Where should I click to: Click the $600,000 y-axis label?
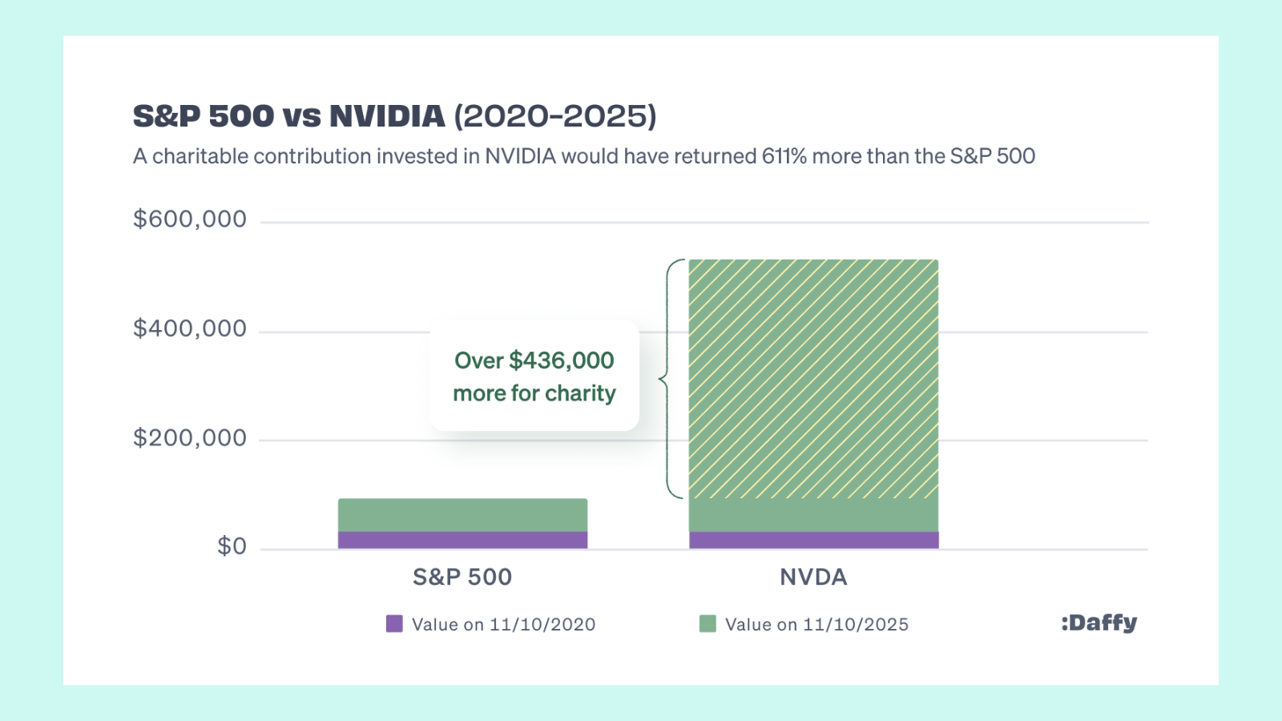click(190, 220)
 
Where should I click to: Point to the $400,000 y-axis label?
click(190, 328)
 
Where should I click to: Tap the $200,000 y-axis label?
click(190, 438)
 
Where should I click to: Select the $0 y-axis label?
click(232, 546)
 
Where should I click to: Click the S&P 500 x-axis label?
click(462, 577)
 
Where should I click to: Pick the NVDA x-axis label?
click(813, 577)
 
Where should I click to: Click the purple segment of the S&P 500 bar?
click(462, 540)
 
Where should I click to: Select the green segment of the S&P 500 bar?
click(462, 515)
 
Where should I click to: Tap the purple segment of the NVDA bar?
click(813, 540)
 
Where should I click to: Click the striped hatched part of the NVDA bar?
click(813, 377)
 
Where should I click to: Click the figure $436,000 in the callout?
click(561, 360)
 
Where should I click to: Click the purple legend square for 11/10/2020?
click(394, 624)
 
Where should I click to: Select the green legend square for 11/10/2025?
click(708, 624)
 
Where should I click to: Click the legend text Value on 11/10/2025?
click(816, 625)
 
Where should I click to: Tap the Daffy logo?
click(1099, 622)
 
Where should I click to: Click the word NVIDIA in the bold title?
click(387, 116)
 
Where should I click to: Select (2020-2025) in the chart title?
click(555, 116)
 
